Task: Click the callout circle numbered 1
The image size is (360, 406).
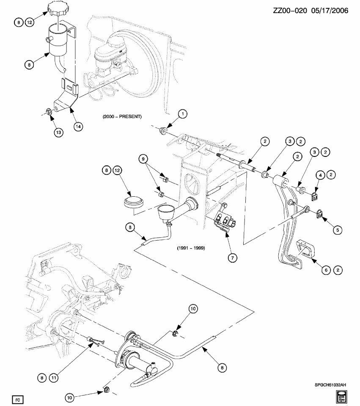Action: (x=182, y=114)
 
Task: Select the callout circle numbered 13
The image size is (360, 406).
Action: (x=60, y=132)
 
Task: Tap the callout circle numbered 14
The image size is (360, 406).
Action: (x=77, y=126)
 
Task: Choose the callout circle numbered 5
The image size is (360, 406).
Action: (x=337, y=230)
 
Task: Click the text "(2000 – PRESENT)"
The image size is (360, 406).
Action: (x=122, y=116)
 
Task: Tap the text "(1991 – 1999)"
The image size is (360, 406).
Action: (x=191, y=248)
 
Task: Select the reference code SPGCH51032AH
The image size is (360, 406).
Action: (x=330, y=385)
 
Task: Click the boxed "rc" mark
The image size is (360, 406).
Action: (x=18, y=399)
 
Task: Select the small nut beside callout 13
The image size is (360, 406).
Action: (x=49, y=112)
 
